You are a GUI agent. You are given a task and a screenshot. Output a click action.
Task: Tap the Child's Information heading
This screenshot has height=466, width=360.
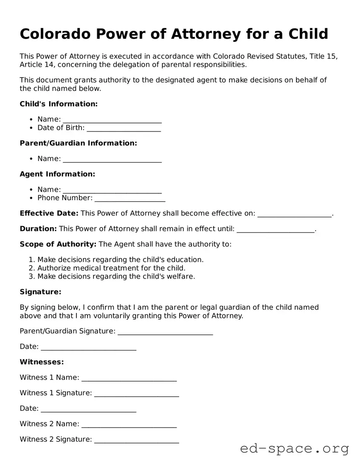point(58,104)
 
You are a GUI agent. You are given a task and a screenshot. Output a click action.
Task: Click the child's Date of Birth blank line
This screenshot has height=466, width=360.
point(124,128)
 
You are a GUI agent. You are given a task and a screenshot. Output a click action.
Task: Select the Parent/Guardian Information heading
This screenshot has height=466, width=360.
point(78,143)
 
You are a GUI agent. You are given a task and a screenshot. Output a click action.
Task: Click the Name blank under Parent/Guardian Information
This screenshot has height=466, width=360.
point(112,159)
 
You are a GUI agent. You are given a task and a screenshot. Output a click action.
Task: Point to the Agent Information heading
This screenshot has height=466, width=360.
point(57,174)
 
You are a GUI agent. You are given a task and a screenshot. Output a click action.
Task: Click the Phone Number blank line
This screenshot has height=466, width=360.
point(130,198)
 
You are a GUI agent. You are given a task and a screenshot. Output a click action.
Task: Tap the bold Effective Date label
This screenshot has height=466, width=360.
point(49,213)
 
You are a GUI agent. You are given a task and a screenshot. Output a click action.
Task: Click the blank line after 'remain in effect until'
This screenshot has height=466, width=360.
point(275,229)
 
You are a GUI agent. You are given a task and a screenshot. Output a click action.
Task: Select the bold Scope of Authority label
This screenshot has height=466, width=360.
point(58,244)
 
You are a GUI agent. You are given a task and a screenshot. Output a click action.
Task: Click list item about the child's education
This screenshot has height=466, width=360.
point(120,259)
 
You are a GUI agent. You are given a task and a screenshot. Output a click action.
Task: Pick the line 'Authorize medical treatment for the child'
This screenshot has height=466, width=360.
point(111,268)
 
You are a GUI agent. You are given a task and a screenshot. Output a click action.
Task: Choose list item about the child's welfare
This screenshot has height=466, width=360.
point(116,276)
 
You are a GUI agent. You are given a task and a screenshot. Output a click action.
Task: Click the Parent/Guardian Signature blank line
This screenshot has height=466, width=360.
point(165,332)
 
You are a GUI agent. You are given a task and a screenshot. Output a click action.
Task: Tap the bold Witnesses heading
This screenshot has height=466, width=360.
point(42,362)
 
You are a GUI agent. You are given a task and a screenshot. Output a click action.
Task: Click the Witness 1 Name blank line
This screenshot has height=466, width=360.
point(129,378)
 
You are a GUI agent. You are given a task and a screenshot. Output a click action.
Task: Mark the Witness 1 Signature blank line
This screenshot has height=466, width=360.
point(136,393)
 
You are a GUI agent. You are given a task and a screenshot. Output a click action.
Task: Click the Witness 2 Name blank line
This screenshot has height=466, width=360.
point(129,425)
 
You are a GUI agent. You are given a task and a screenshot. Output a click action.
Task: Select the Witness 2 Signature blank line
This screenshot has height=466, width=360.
point(136,440)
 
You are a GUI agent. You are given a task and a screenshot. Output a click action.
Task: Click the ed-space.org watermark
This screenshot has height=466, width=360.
point(294,449)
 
